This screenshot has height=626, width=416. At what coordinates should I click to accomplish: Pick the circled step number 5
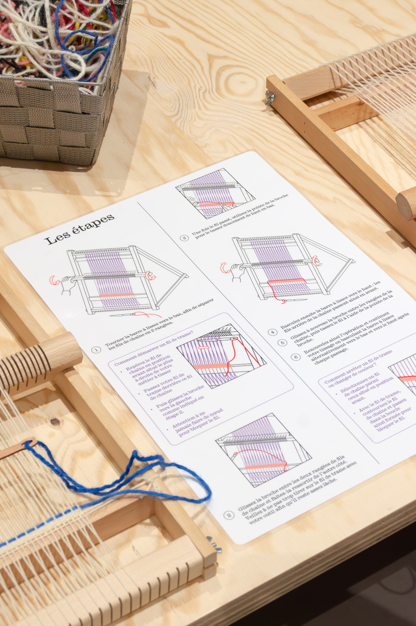click(x=283, y=342)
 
